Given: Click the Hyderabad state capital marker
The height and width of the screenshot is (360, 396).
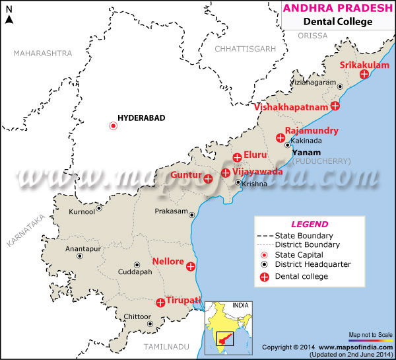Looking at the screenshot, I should coord(113,126).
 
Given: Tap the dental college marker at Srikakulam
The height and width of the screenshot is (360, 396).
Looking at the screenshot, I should coord(364,75).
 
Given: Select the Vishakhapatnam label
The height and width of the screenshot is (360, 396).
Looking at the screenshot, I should coord(291,106).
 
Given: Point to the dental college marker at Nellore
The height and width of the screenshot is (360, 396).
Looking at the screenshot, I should coord(191,267).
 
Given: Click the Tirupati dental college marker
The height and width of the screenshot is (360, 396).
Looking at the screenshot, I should coord(160,303).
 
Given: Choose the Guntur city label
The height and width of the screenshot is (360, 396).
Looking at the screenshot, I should coord(185,175).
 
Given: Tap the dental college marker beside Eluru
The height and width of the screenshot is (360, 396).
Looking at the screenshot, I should coord(237,157).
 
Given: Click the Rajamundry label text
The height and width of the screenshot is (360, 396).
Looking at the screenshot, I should coord(312,131).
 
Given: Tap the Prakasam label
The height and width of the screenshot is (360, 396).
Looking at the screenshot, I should coord(170,212).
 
